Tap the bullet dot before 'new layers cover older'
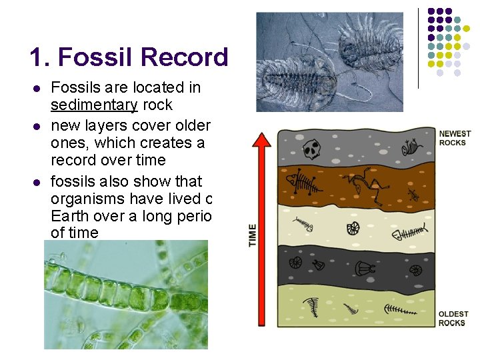(37, 127)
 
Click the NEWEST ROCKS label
(454, 139)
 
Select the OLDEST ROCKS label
(453, 319)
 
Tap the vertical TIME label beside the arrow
(253, 235)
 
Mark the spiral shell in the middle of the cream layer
(353, 229)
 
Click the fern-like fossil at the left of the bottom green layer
(311, 306)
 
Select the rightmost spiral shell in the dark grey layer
(415, 270)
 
